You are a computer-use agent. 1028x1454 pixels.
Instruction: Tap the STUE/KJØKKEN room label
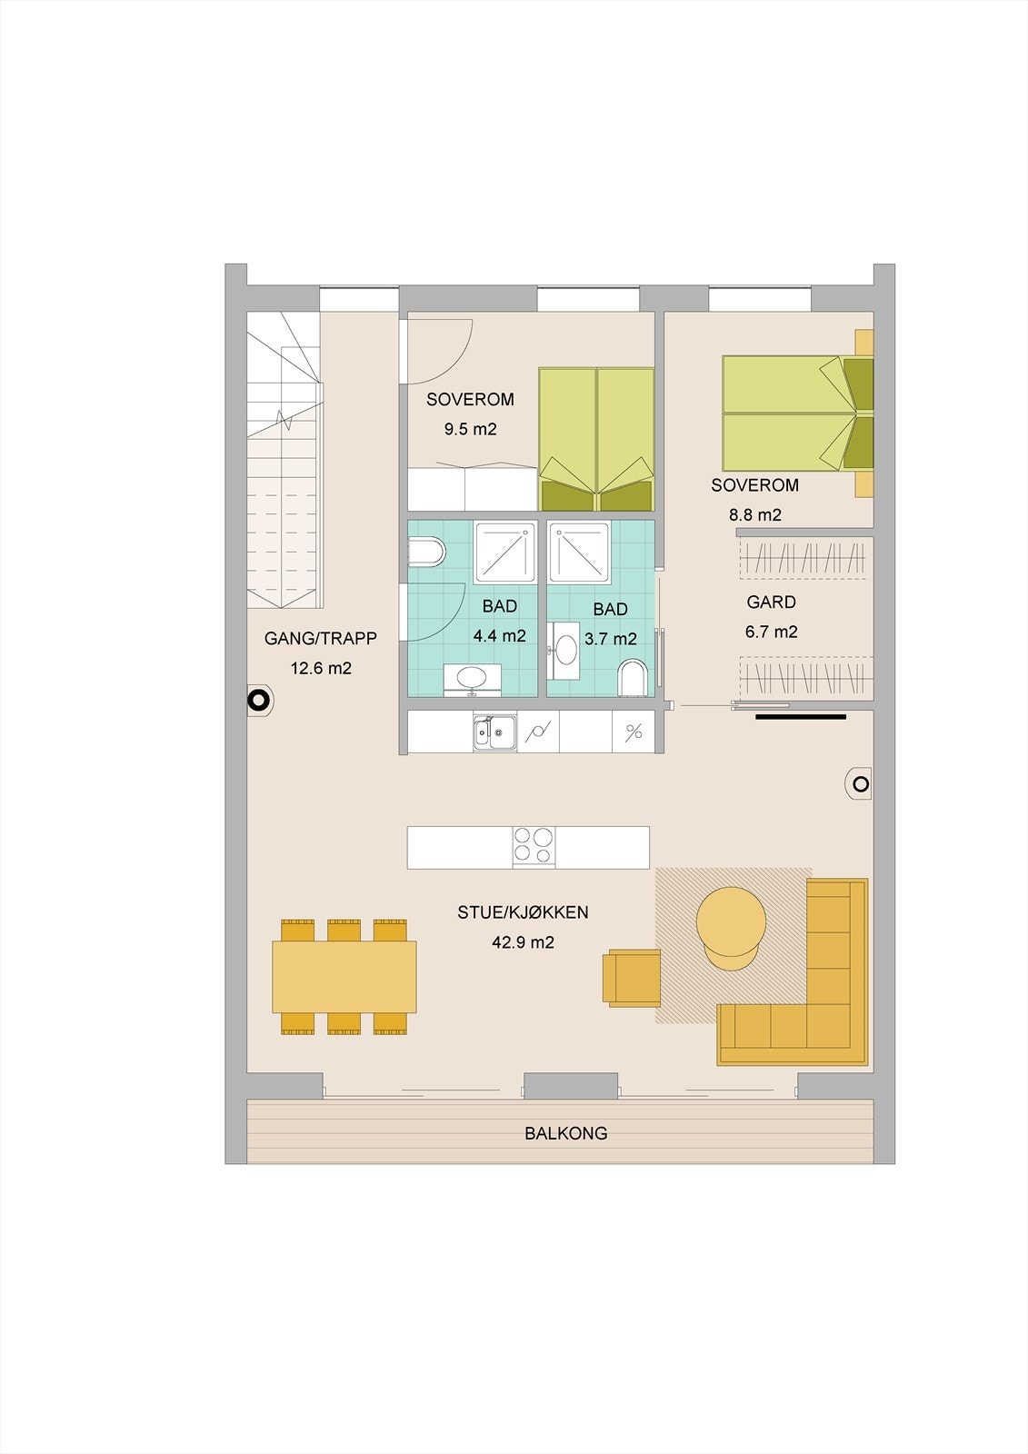pyautogui.click(x=523, y=912)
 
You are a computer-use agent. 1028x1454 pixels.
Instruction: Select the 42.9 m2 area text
pyautogui.click(x=523, y=941)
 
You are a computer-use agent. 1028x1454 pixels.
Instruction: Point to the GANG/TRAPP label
pyautogui.click(x=320, y=638)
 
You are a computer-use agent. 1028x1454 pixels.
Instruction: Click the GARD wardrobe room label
pyautogui.click(x=771, y=602)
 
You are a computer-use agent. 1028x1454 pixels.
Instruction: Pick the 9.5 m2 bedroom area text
pyautogui.click(x=470, y=429)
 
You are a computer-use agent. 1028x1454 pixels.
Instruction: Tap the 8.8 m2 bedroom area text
pyautogui.click(x=754, y=514)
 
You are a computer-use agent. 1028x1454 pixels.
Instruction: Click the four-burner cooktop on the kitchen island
pyautogui.click(x=534, y=847)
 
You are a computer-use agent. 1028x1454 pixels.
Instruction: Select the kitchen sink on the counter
pyautogui.click(x=494, y=732)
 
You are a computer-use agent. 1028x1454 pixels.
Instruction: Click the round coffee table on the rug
pyautogui.click(x=731, y=927)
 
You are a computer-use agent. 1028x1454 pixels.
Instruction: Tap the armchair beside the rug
pyautogui.click(x=631, y=978)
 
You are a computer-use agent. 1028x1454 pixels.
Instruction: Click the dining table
pyautogui.click(x=344, y=977)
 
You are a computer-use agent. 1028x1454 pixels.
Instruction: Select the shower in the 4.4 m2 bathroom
pyautogui.click(x=505, y=553)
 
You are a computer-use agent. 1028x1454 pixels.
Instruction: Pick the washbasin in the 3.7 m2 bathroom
pyautogui.click(x=565, y=650)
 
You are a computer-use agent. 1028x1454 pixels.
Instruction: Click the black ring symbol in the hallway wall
pyautogui.click(x=258, y=700)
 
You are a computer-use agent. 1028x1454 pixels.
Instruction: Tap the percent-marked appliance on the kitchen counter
pyautogui.click(x=634, y=732)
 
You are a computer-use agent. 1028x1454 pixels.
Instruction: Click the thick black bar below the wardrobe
pyautogui.click(x=800, y=717)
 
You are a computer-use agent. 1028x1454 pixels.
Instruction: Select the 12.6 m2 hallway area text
pyautogui.click(x=321, y=668)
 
